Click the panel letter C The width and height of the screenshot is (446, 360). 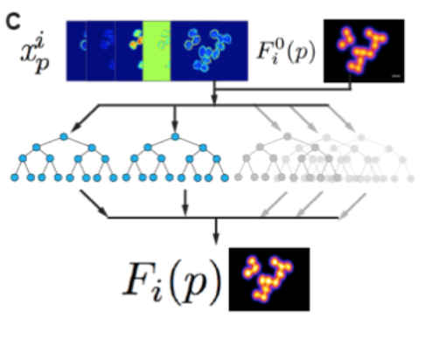(x=13, y=22)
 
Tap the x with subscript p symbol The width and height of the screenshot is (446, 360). (x=35, y=52)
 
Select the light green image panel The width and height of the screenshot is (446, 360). (x=157, y=51)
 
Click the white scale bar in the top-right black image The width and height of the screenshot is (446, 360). (x=396, y=76)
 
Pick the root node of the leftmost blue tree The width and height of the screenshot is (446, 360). (x=64, y=136)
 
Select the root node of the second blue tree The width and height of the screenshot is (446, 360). (x=175, y=136)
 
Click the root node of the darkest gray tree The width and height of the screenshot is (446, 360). (x=288, y=136)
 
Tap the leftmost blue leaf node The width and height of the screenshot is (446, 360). (x=15, y=177)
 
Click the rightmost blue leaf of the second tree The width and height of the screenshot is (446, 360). (x=225, y=177)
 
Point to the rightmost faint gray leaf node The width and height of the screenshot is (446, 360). (x=410, y=178)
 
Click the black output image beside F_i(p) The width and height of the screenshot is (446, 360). (x=269, y=280)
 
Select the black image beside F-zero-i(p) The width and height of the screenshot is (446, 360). (x=364, y=51)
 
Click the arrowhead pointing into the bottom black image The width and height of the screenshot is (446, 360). (x=216, y=239)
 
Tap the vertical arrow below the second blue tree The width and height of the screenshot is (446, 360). (x=185, y=204)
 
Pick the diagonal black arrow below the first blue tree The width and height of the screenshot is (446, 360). (x=94, y=204)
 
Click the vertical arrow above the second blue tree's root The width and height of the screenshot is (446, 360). (x=175, y=119)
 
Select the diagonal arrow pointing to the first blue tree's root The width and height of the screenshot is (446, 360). (x=85, y=118)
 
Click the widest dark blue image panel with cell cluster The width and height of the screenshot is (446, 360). (x=209, y=51)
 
